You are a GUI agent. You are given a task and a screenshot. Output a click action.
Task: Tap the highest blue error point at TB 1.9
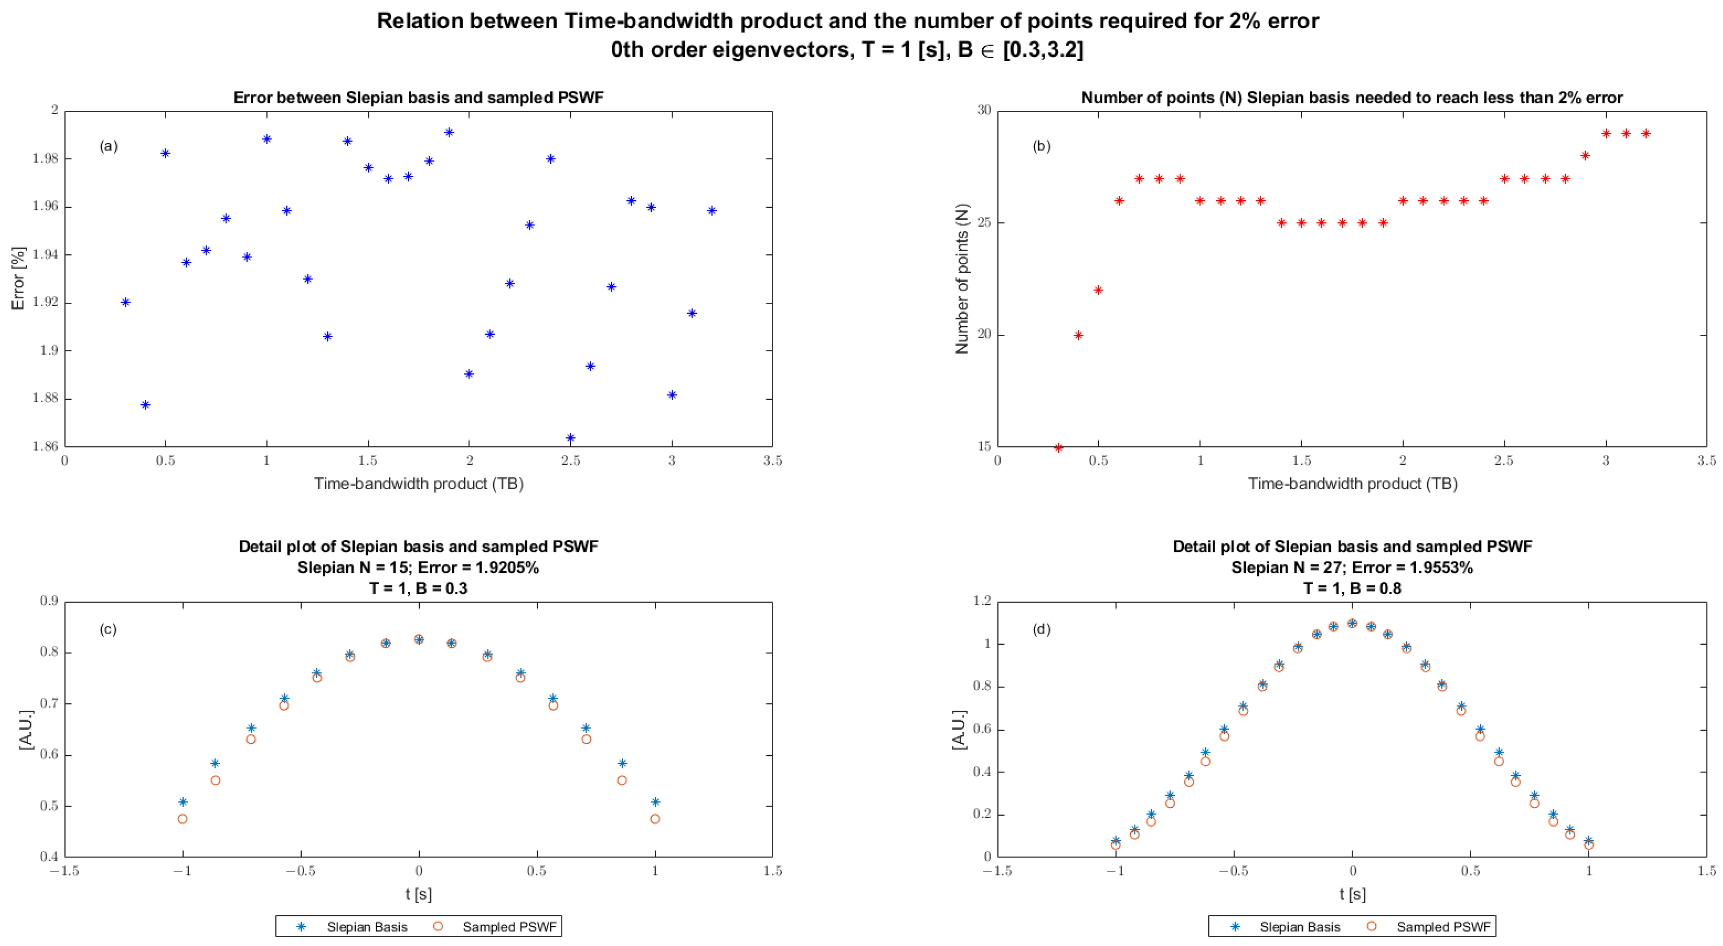pos(449,132)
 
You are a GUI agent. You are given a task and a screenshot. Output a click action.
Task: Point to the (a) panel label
pos(108,146)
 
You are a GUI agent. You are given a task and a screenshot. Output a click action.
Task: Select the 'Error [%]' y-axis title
pos(18,278)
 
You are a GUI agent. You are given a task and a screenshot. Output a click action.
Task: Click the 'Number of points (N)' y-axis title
pos(962,278)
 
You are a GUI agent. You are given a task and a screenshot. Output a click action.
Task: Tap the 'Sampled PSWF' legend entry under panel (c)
pos(509,927)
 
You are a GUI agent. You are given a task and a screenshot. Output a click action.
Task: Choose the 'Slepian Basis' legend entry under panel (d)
pos(1300,927)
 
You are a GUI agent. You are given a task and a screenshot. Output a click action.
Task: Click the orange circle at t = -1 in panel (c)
pos(183,818)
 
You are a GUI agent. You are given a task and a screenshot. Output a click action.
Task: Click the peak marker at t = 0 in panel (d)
pos(1352,623)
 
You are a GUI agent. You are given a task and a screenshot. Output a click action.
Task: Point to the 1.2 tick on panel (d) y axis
pos(982,601)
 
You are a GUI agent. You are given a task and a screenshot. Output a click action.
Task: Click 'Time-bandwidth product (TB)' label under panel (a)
pos(418,483)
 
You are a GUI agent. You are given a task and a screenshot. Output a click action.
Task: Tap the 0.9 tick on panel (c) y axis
pos(49,601)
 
